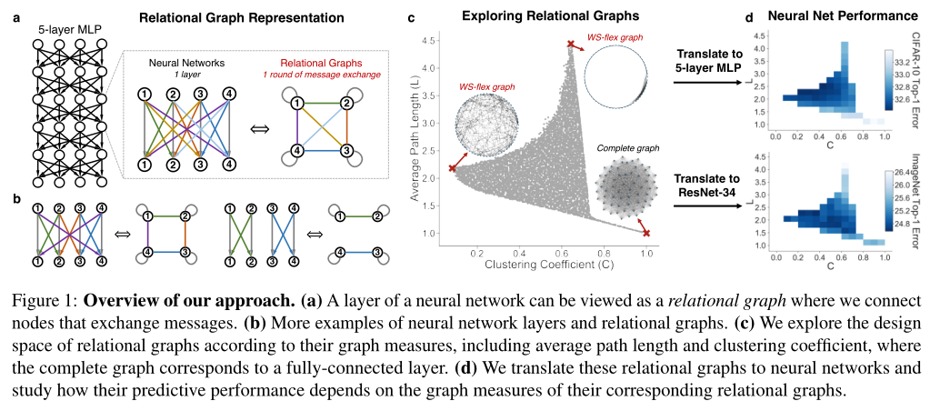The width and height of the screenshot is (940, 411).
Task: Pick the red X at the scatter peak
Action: [x=571, y=44]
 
